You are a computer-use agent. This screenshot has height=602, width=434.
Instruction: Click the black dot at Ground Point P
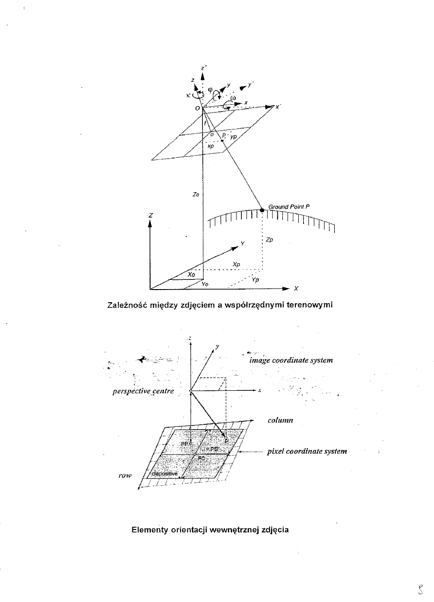pyautogui.click(x=262, y=210)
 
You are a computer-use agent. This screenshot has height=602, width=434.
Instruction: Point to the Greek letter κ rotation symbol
pyautogui.click(x=187, y=95)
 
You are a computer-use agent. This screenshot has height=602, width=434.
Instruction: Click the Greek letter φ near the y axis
pyautogui.click(x=210, y=89)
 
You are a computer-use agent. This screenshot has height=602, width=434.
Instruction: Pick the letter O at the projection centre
pyautogui.click(x=197, y=108)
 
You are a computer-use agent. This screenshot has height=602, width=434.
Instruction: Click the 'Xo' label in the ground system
pyautogui.click(x=191, y=275)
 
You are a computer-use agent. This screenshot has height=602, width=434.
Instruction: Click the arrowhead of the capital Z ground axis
pyautogui.click(x=150, y=223)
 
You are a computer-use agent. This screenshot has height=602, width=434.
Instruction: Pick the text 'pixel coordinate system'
pyautogui.click(x=307, y=451)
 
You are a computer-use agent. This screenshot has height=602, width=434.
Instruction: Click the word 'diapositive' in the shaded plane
pyautogui.click(x=165, y=474)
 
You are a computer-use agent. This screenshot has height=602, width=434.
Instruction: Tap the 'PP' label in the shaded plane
pyautogui.click(x=184, y=444)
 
